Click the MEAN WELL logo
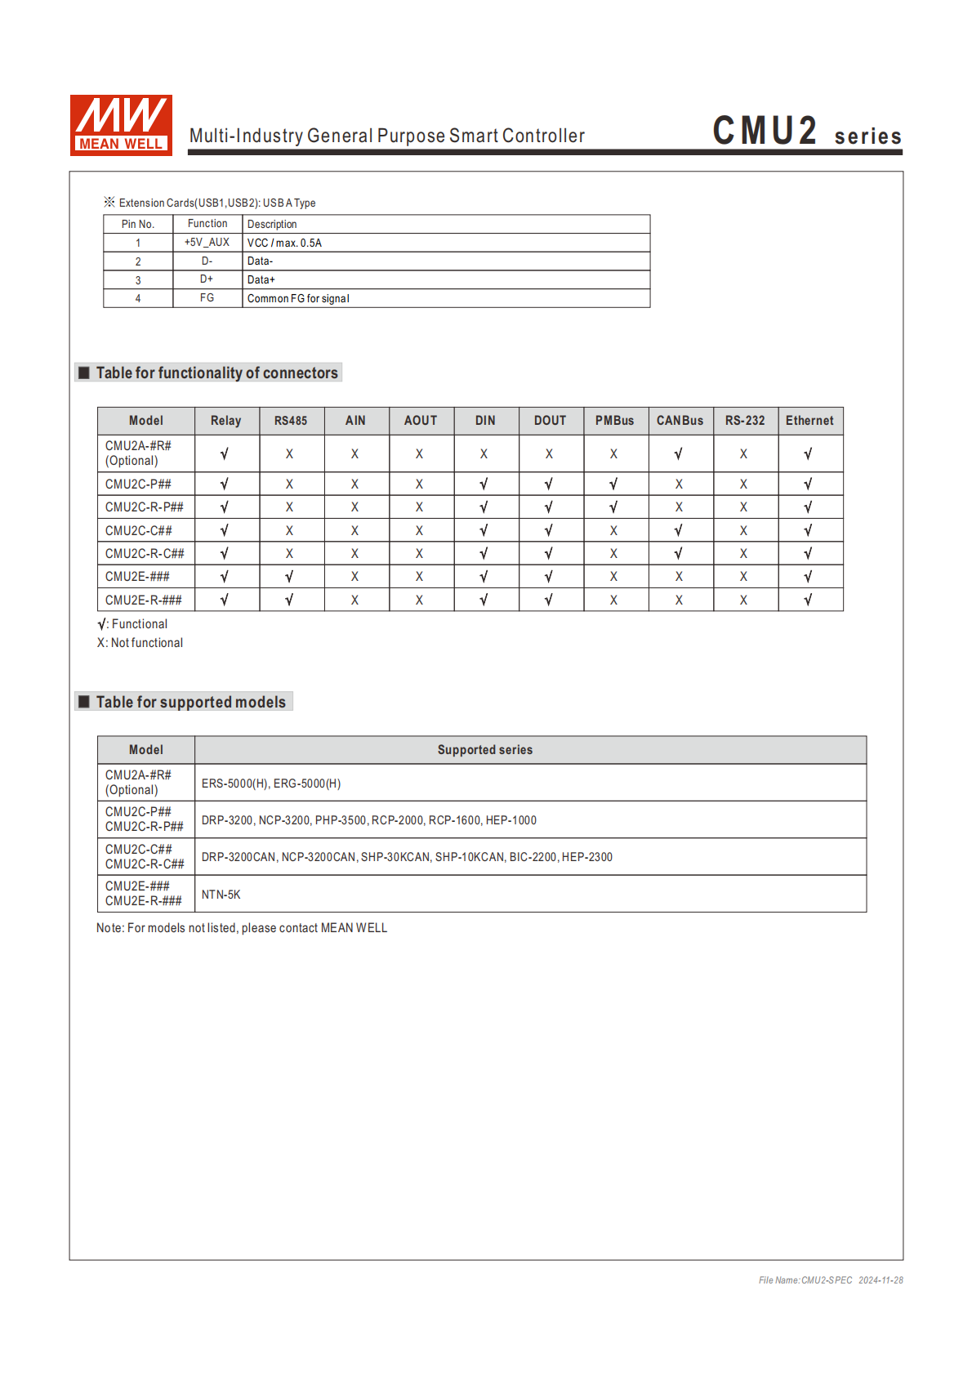[121, 124]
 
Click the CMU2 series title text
[806, 132]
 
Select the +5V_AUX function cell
[207, 243]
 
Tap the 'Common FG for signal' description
[298, 299]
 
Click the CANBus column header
[680, 421]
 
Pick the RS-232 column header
[745, 421]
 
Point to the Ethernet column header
[809, 421]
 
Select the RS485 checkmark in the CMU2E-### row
[290, 577]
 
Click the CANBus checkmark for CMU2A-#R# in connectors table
[679, 454]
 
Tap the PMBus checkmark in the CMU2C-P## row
[614, 484]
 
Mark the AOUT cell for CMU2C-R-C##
[420, 554]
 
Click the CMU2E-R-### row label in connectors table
[144, 600]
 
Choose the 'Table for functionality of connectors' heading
[216, 373]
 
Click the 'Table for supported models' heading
[190, 703]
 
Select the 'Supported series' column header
[484, 750]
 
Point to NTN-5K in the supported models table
[221, 895]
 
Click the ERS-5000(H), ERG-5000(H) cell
[271, 783]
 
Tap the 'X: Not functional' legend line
[140, 644]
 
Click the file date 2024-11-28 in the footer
[881, 1280]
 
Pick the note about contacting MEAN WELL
[242, 928]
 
